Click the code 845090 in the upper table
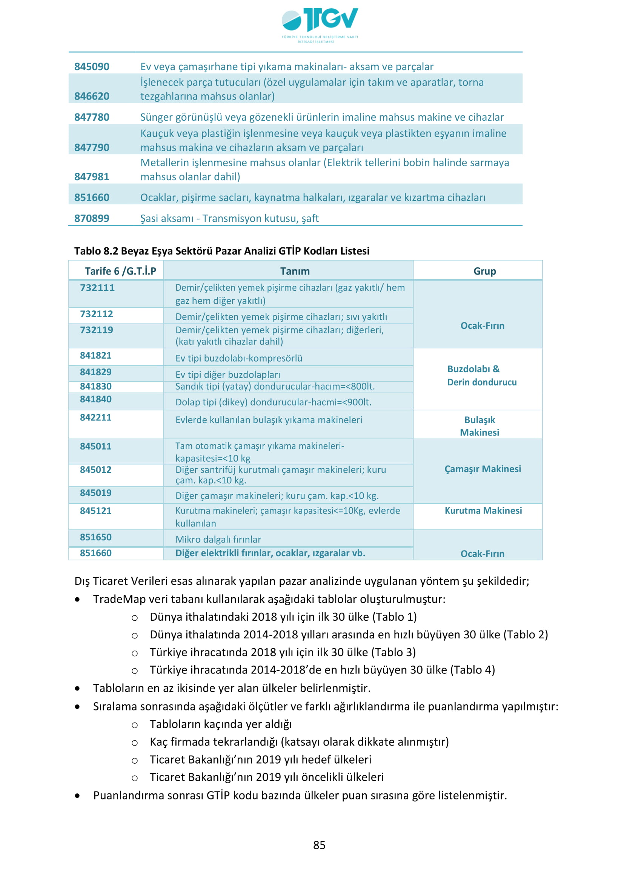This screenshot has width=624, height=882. [92, 67]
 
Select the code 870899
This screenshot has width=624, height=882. [92, 219]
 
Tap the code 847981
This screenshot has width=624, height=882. [92, 177]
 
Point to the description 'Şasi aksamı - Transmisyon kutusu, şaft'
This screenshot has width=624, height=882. [229, 219]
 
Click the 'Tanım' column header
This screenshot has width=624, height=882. [295, 271]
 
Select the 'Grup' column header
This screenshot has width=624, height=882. [484, 271]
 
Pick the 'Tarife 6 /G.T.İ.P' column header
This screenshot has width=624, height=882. [120, 271]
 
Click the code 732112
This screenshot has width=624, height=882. [97, 314]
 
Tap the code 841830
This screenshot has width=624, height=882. [96, 387]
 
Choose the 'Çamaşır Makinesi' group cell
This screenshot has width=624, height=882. [483, 469]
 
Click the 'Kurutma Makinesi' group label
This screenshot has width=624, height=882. [483, 511]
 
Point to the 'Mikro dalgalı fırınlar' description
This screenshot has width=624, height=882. [218, 539]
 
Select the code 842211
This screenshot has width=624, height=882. [96, 417]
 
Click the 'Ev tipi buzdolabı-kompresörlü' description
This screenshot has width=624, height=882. [238, 358]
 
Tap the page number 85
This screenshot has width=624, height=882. [319, 845]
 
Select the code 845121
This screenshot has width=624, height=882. [96, 511]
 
